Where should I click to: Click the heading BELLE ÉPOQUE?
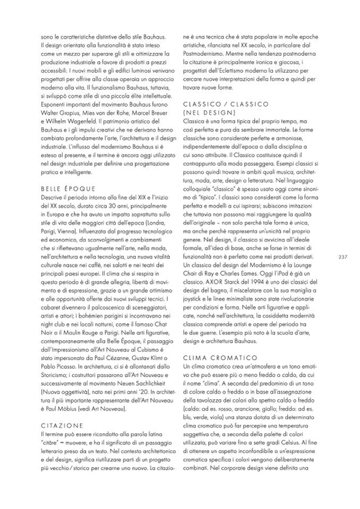pos(67,188)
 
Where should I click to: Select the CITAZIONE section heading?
pos(62,425)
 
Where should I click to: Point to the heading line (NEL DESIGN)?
pos(209,113)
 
